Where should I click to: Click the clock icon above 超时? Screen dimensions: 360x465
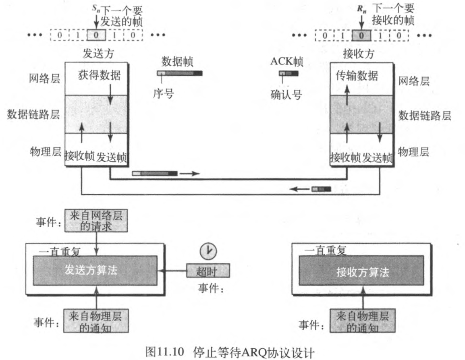[208, 251]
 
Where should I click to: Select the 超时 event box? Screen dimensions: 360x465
[208, 271]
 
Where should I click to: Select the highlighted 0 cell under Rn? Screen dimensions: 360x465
[361, 35]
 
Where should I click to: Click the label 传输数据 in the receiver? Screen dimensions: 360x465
[357, 75]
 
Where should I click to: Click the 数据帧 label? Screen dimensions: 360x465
[178, 61]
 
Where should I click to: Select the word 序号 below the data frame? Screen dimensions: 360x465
[163, 94]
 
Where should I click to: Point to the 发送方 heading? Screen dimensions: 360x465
[96, 53]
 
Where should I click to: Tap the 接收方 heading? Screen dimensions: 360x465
[358, 53]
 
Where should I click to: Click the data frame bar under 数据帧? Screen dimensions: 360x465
[180, 73]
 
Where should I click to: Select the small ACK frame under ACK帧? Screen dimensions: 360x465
[289, 73]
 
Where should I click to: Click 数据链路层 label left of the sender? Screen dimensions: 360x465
[33, 114]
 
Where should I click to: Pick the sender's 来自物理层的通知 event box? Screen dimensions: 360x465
[95, 321]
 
